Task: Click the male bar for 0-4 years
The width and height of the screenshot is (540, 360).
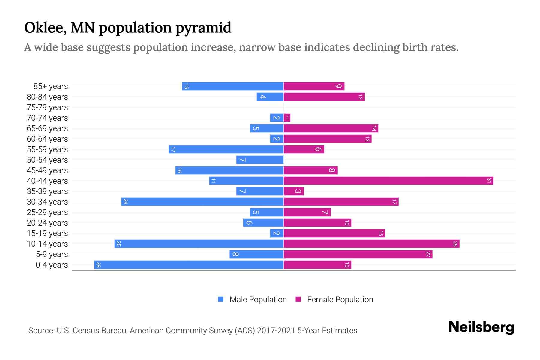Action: click(189, 265)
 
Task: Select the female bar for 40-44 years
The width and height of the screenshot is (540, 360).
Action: click(388, 181)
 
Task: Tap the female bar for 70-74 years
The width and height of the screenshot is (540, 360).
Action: click(287, 118)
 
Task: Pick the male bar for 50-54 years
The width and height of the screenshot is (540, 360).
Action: click(260, 160)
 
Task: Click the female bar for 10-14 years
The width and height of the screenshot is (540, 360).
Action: click(371, 244)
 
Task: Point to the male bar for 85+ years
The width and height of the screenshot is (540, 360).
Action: click(233, 86)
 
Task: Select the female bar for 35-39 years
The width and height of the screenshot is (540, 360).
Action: click(294, 191)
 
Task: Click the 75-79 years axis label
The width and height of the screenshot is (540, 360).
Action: click(47, 107)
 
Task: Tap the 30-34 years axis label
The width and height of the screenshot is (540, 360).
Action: click(47, 202)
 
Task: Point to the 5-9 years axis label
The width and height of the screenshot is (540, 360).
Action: click(52, 254)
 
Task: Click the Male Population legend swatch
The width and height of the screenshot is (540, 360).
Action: click(221, 299)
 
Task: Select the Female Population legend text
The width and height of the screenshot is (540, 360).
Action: click(340, 300)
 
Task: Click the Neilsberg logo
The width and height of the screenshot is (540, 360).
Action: click(481, 327)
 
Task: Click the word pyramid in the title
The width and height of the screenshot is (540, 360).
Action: click(203, 28)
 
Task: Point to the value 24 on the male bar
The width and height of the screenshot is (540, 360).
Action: click(125, 202)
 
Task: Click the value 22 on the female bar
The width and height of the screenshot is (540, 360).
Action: click(428, 254)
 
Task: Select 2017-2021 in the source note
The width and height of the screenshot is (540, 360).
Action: click(276, 331)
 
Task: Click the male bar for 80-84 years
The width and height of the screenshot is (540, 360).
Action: click(270, 97)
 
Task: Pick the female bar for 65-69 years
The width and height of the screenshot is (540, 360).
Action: click(331, 128)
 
